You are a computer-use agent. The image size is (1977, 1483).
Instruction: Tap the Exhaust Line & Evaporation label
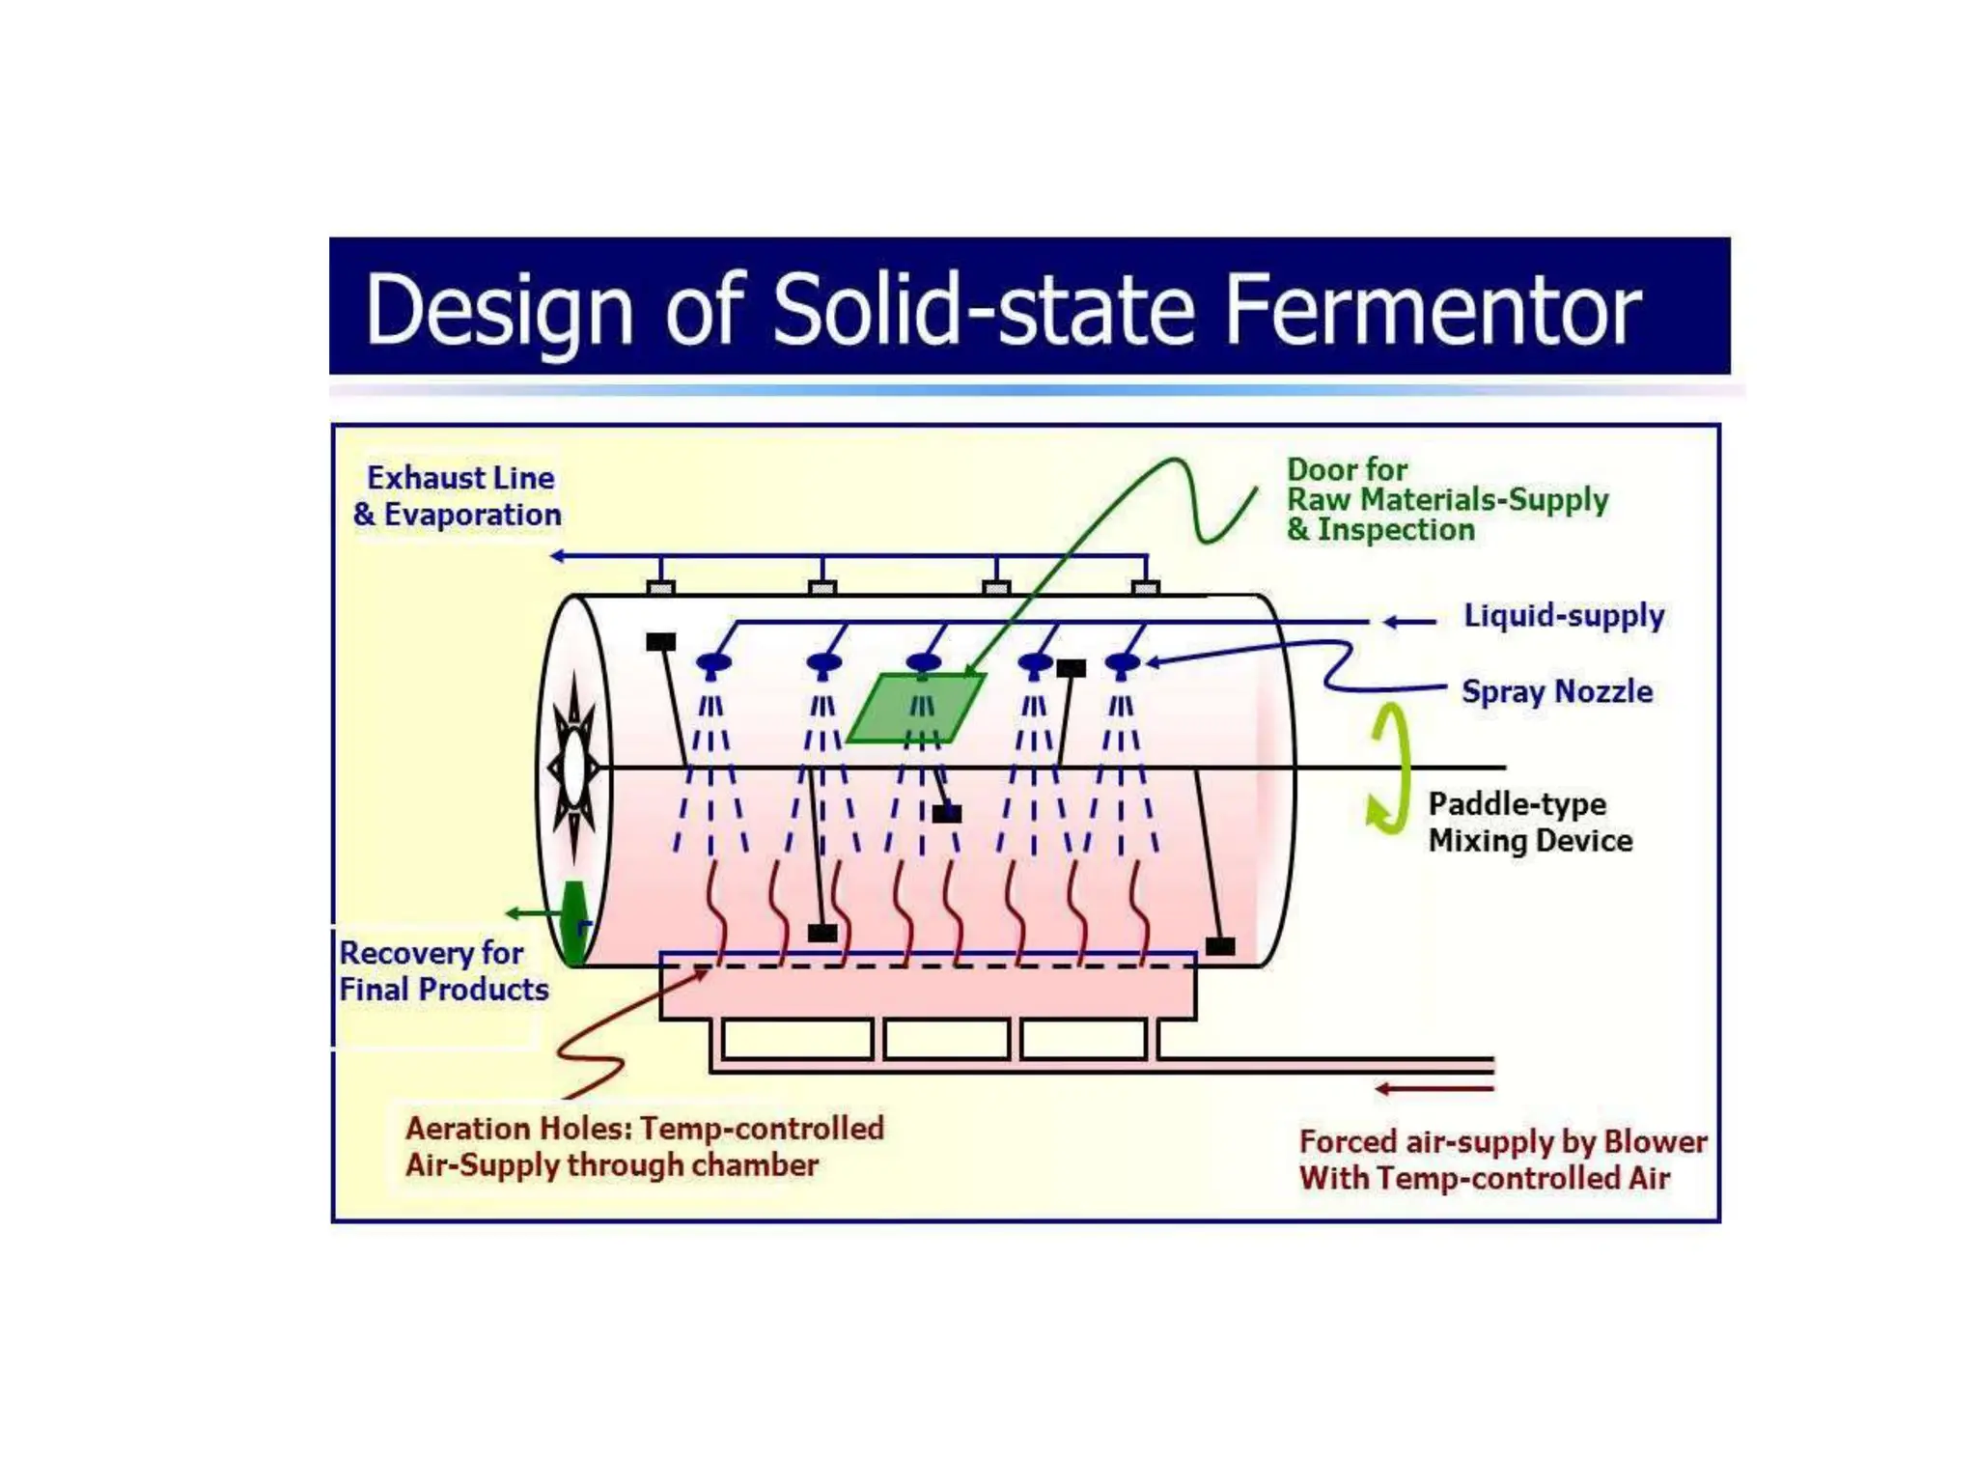pyautogui.click(x=458, y=496)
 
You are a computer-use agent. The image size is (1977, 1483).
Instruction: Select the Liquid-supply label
pyautogui.click(x=1564, y=616)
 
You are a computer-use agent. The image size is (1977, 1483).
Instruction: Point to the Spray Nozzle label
pyautogui.click(x=1556, y=691)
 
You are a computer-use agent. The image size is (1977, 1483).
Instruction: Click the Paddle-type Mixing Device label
pyautogui.click(x=1530, y=823)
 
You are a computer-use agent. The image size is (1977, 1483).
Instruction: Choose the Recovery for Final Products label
pyautogui.click(x=443, y=971)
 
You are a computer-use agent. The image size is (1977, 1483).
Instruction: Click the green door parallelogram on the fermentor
pyautogui.click(x=916, y=709)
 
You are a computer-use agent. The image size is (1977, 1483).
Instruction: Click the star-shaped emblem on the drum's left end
pyautogui.click(x=574, y=768)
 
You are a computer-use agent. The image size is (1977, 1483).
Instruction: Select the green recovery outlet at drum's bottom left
pyautogui.click(x=574, y=921)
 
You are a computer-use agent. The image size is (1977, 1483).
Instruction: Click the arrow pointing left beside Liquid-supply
pyautogui.click(x=1409, y=623)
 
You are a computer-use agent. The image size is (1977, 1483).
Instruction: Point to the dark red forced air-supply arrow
pyautogui.click(x=1434, y=1089)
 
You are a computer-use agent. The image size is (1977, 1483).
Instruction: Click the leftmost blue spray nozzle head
pyautogui.click(x=713, y=663)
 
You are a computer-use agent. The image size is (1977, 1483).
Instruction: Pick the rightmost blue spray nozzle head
pyautogui.click(x=1122, y=663)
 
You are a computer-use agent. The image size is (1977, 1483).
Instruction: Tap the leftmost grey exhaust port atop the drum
pyautogui.click(x=661, y=587)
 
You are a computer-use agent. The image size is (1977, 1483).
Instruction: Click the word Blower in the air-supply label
pyautogui.click(x=1655, y=1142)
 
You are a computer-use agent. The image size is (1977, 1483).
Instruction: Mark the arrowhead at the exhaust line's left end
pyautogui.click(x=557, y=556)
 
